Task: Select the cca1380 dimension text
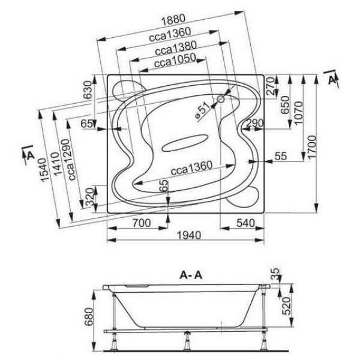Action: pyautogui.click(x=173, y=48)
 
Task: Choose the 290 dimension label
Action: pyautogui.click(x=254, y=123)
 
